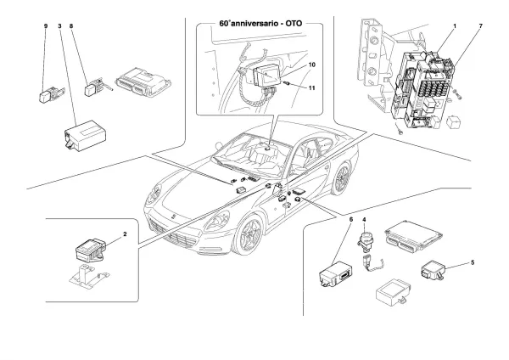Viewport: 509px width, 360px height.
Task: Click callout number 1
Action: (x=455, y=27)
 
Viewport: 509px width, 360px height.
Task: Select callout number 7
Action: (x=481, y=27)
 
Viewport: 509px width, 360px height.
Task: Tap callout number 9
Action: (x=46, y=27)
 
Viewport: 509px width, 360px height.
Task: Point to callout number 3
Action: (x=60, y=27)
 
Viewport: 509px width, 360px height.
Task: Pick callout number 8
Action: (x=73, y=27)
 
